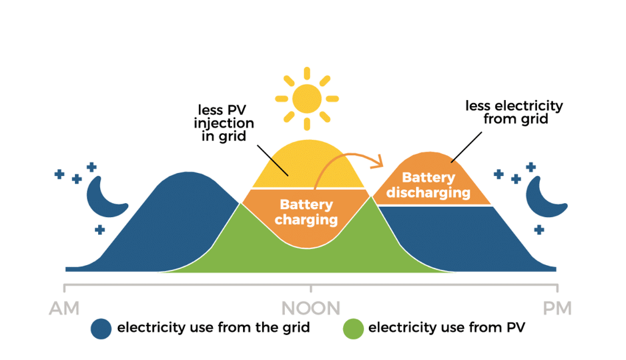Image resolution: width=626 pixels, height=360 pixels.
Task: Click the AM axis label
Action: click(64, 309)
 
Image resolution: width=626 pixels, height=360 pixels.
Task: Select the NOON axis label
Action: click(311, 309)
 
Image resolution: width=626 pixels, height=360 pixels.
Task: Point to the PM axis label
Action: click(556, 309)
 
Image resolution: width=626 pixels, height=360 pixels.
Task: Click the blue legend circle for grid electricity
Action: click(101, 328)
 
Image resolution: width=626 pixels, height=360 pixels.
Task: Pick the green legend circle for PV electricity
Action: click(352, 328)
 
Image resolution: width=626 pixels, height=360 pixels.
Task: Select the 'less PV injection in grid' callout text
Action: click(224, 123)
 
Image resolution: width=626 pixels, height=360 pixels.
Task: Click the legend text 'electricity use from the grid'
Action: click(213, 327)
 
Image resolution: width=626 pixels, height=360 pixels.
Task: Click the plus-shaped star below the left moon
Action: click(100, 230)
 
